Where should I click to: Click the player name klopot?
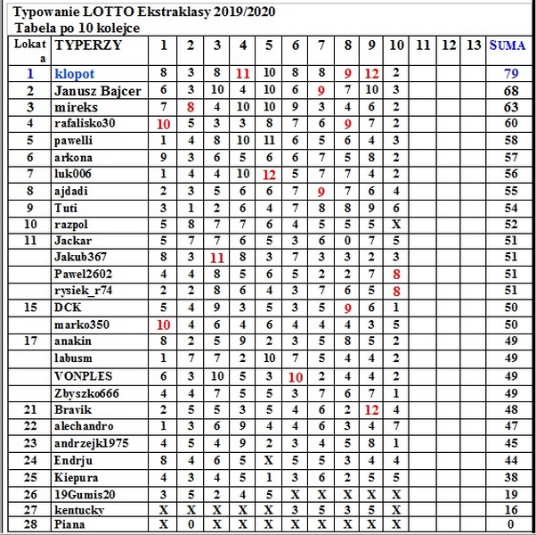point(74,74)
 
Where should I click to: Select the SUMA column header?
point(510,45)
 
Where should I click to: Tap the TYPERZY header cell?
point(88,45)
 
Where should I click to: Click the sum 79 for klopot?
point(510,74)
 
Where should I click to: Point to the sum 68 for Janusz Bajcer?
point(510,91)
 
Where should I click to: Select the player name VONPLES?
point(84,376)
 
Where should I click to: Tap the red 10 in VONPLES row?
point(296,376)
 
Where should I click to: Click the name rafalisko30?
point(85,124)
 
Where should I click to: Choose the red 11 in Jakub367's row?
point(216,258)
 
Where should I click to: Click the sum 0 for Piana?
point(510,526)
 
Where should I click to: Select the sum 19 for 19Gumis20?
point(510,493)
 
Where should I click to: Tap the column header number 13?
point(475,45)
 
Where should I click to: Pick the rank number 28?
point(29,526)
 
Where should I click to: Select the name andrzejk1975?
point(91,443)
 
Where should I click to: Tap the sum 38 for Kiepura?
point(510,477)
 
